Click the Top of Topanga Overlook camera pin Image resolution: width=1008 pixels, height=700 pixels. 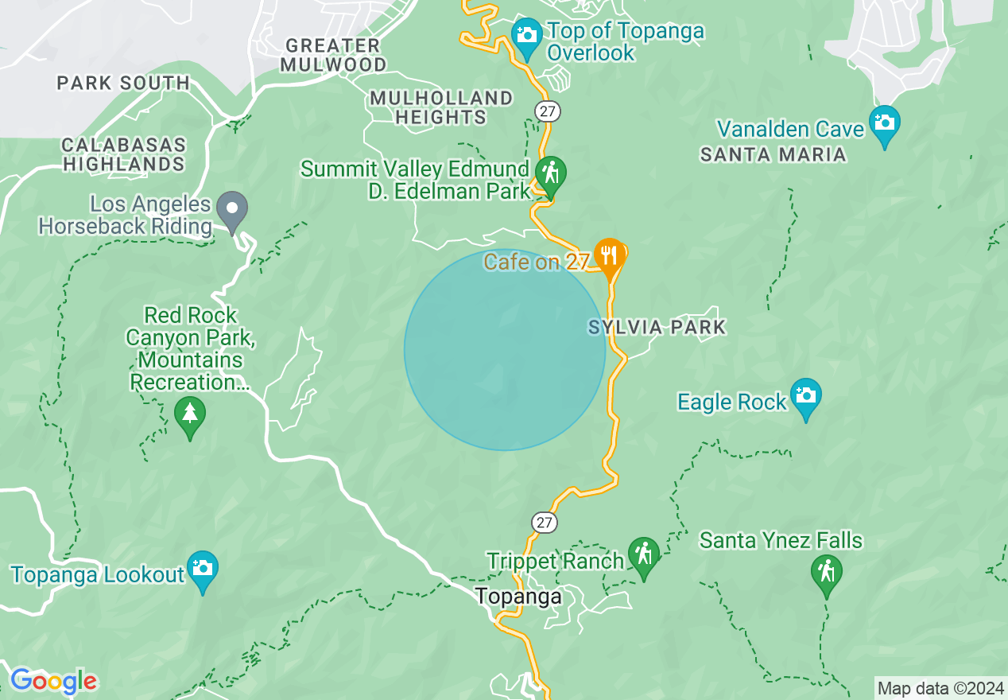point(525,36)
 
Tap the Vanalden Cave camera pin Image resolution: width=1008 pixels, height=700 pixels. point(884,123)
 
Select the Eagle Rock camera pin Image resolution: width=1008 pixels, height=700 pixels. point(805,396)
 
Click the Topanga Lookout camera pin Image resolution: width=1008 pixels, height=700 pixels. point(203,570)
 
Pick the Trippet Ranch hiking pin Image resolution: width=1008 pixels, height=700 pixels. point(643,554)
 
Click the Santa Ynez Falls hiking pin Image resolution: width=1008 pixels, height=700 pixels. point(826,572)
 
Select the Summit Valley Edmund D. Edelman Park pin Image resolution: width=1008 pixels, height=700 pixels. point(549,173)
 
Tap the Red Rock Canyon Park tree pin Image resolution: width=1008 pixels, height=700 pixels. point(189,414)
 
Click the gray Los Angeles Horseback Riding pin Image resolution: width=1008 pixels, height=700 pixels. point(232,210)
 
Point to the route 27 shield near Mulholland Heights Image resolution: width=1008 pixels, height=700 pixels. point(546,111)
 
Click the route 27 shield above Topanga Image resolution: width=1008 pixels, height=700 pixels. point(545,523)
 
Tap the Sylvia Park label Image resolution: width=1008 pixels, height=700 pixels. point(657,327)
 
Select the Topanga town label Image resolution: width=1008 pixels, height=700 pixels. point(518,597)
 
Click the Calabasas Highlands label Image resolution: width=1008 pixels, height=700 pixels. point(123,155)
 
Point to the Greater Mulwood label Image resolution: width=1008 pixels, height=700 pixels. point(333,55)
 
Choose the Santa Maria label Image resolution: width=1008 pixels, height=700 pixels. point(773,155)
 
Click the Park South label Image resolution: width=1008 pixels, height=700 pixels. point(123,83)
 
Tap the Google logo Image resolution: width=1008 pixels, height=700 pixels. point(53,682)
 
